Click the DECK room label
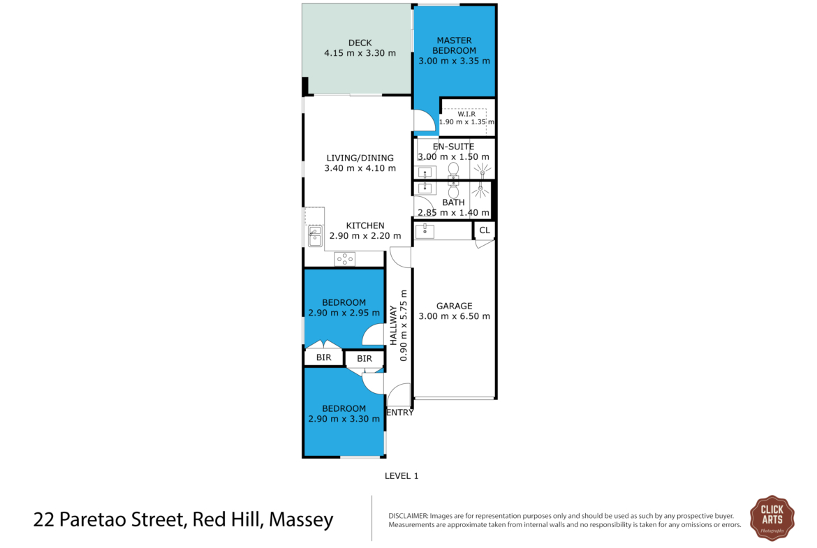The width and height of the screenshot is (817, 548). [x=360, y=43]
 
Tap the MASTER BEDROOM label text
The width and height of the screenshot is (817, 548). [x=455, y=45]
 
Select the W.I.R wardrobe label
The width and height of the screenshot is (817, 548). [x=466, y=114]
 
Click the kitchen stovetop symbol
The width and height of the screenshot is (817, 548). [x=344, y=258]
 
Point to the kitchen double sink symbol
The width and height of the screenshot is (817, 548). [x=315, y=235]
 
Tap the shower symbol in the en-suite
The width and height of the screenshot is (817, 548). [x=482, y=170]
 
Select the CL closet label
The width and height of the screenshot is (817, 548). [x=485, y=230]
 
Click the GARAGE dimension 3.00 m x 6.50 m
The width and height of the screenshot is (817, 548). [x=455, y=316]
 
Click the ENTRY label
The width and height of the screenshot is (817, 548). [x=400, y=413]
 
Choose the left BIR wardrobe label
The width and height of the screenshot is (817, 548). [x=323, y=357]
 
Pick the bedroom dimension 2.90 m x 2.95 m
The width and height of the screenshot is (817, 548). [x=344, y=313]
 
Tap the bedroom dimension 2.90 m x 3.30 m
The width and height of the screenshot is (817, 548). [x=344, y=419]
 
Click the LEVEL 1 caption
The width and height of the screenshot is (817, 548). [x=402, y=475]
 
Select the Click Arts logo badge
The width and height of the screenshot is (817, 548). [x=772, y=518]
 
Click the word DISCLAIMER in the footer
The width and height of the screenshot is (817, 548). [x=408, y=516]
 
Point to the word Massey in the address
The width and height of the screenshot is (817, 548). [x=301, y=519]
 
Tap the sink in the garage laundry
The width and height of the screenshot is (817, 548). [x=425, y=231]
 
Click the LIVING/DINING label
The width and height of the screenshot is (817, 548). [x=360, y=158]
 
